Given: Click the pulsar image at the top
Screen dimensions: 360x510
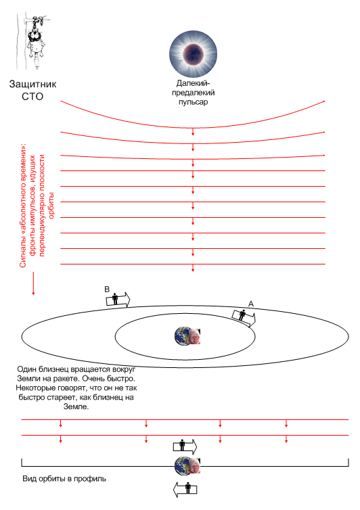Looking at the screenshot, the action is point(193,53).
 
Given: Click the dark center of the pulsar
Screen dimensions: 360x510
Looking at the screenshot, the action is point(193,54).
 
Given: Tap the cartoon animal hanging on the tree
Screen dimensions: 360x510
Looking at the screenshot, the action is point(35,41).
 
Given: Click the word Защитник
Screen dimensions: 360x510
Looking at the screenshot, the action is point(32,84).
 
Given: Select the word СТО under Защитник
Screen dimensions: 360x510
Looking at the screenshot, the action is point(32,97).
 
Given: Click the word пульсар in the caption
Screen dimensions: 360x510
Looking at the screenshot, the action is point(193,102).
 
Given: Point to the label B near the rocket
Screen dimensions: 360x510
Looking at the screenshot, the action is point(107,289).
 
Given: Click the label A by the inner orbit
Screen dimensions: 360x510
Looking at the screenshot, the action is point(250,304).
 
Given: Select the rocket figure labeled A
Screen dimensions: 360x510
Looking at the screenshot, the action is point(244,317).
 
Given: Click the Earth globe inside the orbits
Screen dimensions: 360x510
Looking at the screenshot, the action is point(182,335).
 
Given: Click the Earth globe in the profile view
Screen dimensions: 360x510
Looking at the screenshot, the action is point(182,465).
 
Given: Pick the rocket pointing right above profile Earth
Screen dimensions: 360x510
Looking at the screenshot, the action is point(185,446).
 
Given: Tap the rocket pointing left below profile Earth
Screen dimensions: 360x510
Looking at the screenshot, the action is point(185,489).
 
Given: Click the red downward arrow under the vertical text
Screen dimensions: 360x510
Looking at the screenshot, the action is point(33,283).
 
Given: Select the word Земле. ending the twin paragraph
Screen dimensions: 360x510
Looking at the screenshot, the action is point(76,407).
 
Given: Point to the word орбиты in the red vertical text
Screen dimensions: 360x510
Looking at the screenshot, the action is point(51,206).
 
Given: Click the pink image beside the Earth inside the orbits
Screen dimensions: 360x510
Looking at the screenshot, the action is point(195,336).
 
